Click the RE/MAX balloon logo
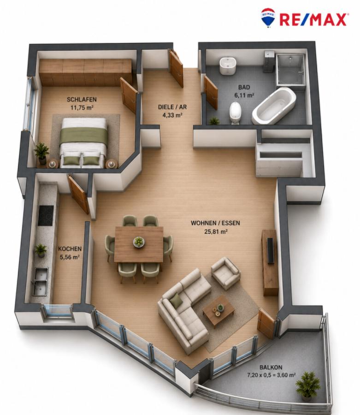pos(268,17)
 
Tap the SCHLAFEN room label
pos(82,100)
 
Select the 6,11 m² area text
pos(244,95)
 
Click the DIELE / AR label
pos(172,107)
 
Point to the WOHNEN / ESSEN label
pos(215,223)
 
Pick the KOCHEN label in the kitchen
pos(70,249)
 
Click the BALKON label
pos(271,368)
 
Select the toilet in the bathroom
pos(235,113)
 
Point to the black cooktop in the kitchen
pos(46,215)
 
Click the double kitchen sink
pos(40,281)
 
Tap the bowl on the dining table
pos(139,242)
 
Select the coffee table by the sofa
pos(219,310)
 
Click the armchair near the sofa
pos(225,273)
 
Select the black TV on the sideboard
pos(270,250)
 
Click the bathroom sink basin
pos(227,65)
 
